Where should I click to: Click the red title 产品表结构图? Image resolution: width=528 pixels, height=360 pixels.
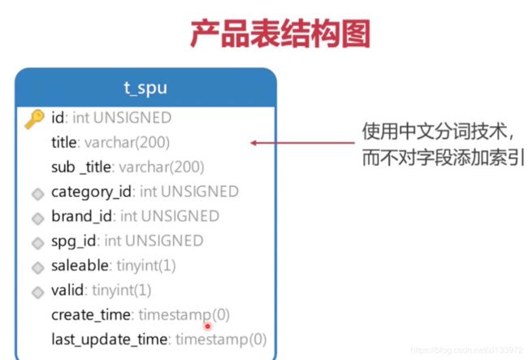click(x=280, y=33)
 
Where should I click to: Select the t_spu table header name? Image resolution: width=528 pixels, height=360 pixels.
click(x=145, y=89)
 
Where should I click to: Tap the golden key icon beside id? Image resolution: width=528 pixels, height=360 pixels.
click(x=35, y=119)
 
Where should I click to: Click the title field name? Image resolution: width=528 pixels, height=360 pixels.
click(x=63, y=142)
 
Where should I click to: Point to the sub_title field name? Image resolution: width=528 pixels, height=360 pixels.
click(x=80, y=167)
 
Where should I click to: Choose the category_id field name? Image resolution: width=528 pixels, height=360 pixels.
click(x=91, y=192)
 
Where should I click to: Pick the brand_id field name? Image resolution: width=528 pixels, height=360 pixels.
click(x=81, y=216)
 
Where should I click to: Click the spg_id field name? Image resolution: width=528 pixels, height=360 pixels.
click(x=73, y=241)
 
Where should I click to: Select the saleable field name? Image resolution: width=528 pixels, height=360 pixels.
click(x=80, y=266)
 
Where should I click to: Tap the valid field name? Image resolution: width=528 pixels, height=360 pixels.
click(x=67, y=290)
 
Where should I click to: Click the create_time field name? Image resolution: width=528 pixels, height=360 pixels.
click(x=91, y=314)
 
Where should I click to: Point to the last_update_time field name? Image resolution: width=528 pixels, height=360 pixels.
click(x=109, y=340)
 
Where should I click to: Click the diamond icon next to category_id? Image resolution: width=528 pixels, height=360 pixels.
click(x=37, y=194)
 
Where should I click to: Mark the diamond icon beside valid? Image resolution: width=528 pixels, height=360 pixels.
click(x=37, y=293)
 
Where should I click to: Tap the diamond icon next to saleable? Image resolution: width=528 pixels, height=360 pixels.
click(x=37, y=267)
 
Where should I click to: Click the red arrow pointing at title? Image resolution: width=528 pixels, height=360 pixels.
click(x=302, y=143)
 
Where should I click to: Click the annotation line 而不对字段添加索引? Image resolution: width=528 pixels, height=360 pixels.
click(x=444, y=158)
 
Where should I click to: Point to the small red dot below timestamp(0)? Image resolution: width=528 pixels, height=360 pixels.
click(x=208, y=326)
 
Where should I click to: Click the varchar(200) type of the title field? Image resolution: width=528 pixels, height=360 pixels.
click(x=127, y=142)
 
